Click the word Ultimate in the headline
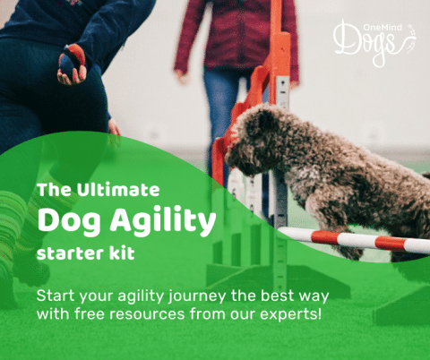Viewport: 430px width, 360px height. (119, 189)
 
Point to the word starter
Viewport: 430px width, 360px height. (73, 253)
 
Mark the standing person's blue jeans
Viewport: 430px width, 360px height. (219, 107)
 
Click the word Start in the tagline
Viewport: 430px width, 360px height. (56, 297)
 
